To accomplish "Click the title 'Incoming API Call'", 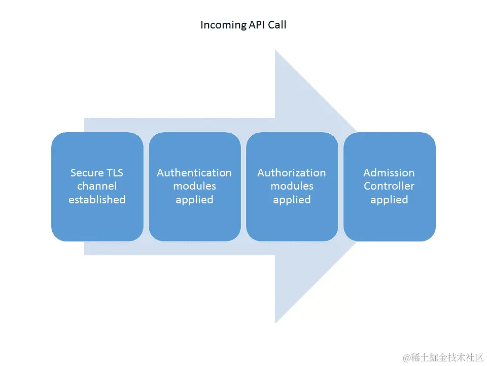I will [243, 24].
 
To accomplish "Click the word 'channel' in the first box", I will [97, 186].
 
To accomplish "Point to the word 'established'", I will [97, 200].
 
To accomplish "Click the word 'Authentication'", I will [194, 173].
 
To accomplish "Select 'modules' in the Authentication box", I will [194, 186].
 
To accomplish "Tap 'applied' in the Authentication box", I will [194, 200].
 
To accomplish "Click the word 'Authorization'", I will [292, 173].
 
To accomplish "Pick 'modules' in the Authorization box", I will [292, 186].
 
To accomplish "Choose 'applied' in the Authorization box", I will [292, 200].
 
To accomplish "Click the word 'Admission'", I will [389, 173].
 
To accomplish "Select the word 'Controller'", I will [389, 186].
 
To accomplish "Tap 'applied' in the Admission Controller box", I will [389, 200].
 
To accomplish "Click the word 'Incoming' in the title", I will [222, 24].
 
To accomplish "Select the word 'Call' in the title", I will [277, 24].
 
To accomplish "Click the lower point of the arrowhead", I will [275, 322].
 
